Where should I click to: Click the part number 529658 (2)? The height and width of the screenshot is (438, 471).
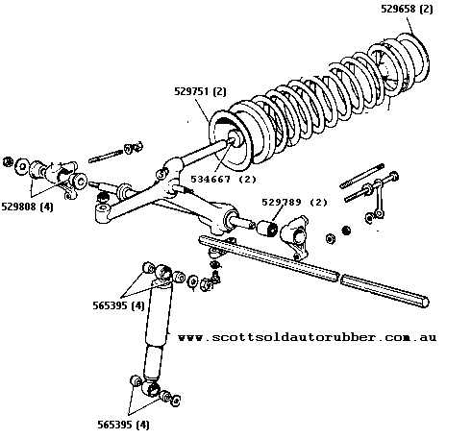tap(407, 9)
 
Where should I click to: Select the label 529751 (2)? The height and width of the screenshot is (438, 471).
tap(200, 91)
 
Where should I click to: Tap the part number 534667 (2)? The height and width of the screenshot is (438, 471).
tap(223, 179)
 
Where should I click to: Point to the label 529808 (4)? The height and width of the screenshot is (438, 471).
tap(27, 207)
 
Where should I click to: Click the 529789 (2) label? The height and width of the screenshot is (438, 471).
tap(294, 203)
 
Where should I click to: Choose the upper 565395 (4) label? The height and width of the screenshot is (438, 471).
tap(118, 305)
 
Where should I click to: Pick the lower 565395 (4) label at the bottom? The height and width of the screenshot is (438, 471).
tap(123, 425)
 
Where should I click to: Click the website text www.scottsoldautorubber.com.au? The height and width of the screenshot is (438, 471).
tap(307, 337)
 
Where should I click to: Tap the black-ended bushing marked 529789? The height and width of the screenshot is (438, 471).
tap(268, 229)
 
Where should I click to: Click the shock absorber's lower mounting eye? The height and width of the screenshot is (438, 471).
tap(151, 388)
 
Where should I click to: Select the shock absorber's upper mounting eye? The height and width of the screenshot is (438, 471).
tap(163, 272)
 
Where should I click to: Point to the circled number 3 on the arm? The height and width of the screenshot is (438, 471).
tap(161, 174)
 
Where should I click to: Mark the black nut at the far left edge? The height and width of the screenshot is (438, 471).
tap(8, 161)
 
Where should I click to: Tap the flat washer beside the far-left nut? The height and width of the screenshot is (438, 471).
tap(22, 166)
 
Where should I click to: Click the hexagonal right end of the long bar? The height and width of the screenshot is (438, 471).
tap(424, 302)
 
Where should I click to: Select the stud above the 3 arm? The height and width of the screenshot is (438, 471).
tap(106, 156)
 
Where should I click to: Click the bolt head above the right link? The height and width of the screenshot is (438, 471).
tap(394, 176)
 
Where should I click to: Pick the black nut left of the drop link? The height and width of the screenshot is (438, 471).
tap(346, 231)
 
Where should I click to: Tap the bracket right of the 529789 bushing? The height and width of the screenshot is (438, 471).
tap(295, 237)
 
